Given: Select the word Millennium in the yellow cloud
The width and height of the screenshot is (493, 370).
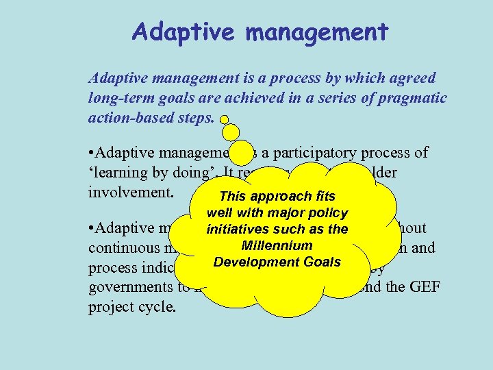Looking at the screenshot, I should tap(277, 245).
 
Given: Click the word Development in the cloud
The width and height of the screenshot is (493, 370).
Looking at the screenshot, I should tap(248, 262).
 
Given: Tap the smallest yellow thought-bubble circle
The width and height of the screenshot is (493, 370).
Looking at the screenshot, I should tap(224, 119).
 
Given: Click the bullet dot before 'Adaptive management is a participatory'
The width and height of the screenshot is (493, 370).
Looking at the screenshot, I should tap(92, 151).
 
